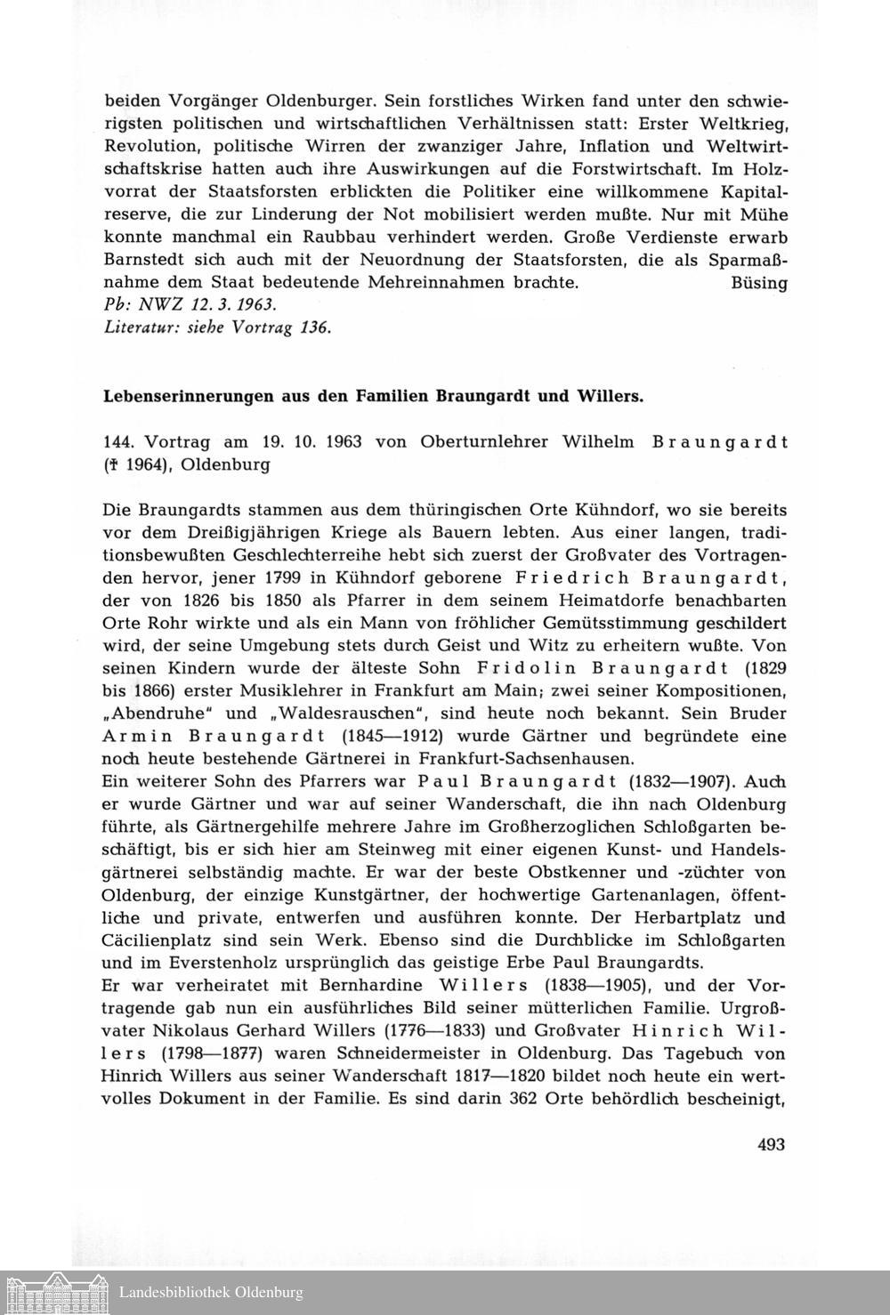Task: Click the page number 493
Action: [771, 1144]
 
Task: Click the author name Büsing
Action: [758, 284]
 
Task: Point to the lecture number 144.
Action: [118, 442]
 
